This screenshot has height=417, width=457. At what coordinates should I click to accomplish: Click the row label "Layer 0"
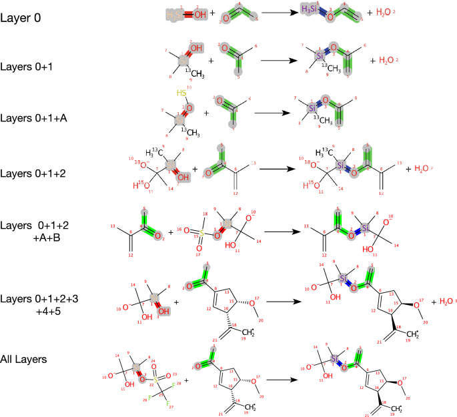tap(21, 18)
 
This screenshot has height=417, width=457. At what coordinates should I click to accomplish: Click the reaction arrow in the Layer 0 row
tap(279, 13)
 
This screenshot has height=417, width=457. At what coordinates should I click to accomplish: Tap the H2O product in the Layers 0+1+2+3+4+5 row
tap(443, 302)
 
